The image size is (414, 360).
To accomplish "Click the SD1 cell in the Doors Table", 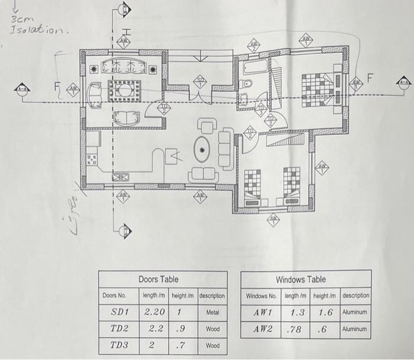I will [x=120, y=311].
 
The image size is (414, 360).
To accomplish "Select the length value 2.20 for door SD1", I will [x=154, y=311].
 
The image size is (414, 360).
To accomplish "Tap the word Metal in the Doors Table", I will [x=213, y=311].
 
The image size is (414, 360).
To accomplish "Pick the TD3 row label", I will [x=120, y=345].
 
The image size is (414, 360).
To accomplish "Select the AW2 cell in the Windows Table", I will [x=261, y=328].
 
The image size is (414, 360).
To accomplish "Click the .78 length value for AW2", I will [x=294, y=328].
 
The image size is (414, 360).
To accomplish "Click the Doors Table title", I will [x=158, y=279].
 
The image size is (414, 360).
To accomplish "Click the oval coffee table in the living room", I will [x=202, y=151].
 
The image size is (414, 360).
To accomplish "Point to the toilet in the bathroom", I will [x=244, y=98].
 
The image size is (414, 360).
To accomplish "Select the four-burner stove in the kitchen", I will [x=92, y=159].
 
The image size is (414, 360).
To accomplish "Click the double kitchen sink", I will [x=121, y=176].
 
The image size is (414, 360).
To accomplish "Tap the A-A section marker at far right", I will [x=403, y=82].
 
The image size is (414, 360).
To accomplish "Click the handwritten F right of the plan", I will [x=370, y=77].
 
